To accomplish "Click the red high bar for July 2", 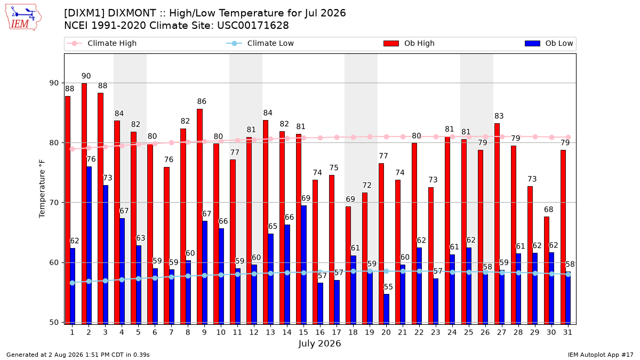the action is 84,204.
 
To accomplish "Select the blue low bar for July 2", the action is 89,245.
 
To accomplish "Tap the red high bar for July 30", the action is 547,270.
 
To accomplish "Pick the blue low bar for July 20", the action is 386,309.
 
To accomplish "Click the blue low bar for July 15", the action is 303,265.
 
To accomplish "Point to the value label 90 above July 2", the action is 86,76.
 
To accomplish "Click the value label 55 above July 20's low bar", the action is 388,287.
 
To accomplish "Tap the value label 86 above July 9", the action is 202,101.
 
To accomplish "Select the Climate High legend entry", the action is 101,43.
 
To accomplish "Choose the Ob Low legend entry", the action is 549,43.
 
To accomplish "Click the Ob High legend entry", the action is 409,43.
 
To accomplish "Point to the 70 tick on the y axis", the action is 54,203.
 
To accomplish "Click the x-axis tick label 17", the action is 337,332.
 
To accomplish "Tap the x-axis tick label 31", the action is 567,332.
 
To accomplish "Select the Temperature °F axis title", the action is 42,189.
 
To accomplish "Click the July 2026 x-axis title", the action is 319,343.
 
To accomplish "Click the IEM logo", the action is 23,18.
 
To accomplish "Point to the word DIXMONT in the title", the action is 132,13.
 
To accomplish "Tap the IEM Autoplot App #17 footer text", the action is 601,355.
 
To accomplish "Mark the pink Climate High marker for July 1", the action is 73,149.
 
